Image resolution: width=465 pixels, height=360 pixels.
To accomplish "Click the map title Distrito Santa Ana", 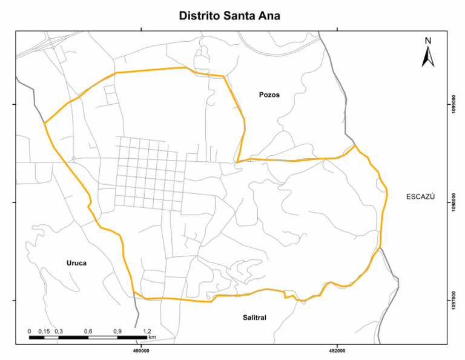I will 229,16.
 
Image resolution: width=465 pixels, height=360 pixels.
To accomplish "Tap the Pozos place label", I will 269,95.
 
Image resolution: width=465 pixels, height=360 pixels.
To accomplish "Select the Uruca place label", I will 77,262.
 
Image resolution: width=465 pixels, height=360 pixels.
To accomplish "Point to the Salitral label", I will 254,318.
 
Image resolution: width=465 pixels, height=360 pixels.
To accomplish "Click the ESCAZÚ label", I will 420,197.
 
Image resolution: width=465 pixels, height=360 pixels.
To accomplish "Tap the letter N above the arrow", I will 427,41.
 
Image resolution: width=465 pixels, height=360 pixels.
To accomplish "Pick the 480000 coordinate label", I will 140,350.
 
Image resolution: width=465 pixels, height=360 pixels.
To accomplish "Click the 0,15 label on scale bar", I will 44,331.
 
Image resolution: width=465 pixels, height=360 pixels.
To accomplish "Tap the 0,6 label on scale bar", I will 88,331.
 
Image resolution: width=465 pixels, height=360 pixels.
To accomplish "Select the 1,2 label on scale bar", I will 147,331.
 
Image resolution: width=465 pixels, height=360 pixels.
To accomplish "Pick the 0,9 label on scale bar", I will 117,331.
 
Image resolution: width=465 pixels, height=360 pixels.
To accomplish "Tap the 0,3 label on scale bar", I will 59,331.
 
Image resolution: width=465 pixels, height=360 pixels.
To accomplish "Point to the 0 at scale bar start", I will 30,331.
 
